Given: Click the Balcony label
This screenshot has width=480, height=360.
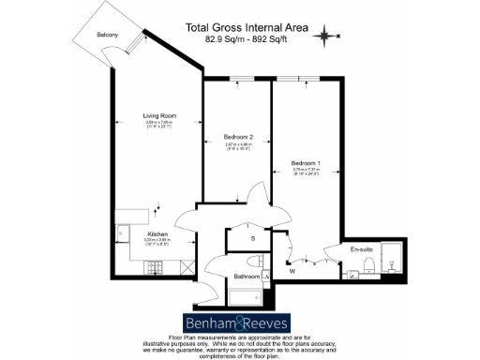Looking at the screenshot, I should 106,36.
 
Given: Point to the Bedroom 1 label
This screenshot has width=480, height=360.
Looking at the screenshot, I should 306,163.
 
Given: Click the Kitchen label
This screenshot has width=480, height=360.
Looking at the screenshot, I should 131,234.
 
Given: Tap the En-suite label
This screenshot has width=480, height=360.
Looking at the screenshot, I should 362,250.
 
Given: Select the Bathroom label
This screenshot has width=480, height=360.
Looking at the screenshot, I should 247,277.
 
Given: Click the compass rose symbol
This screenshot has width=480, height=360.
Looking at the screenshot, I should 325,37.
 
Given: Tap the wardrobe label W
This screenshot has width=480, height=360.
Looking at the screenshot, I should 292,272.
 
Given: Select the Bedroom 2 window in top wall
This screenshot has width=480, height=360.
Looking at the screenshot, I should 240,81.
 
